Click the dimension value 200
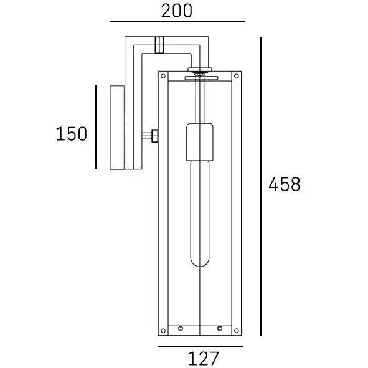(x=177, y=11)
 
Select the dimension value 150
(x=72, y=134)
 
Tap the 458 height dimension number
(x=285, y=185)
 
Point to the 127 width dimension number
(x=203, y=359)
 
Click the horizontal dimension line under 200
(x=177, y=22)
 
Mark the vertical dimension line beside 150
(x=96, y=127)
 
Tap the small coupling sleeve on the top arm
(x=159, y=45)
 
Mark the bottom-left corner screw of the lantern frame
(x=163, y=330)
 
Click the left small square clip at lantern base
(x=180, y=328)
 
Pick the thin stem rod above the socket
(x=199, y=100)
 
